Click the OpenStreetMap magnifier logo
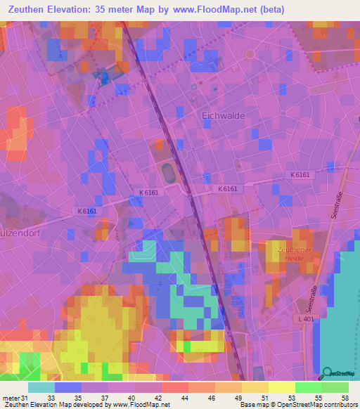point(326,372)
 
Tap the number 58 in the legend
point(345,398)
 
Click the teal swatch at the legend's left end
point(41,387)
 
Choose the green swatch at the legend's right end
point(335,387)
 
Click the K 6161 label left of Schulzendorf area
point(88,211)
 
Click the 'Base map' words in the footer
point(255,405)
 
